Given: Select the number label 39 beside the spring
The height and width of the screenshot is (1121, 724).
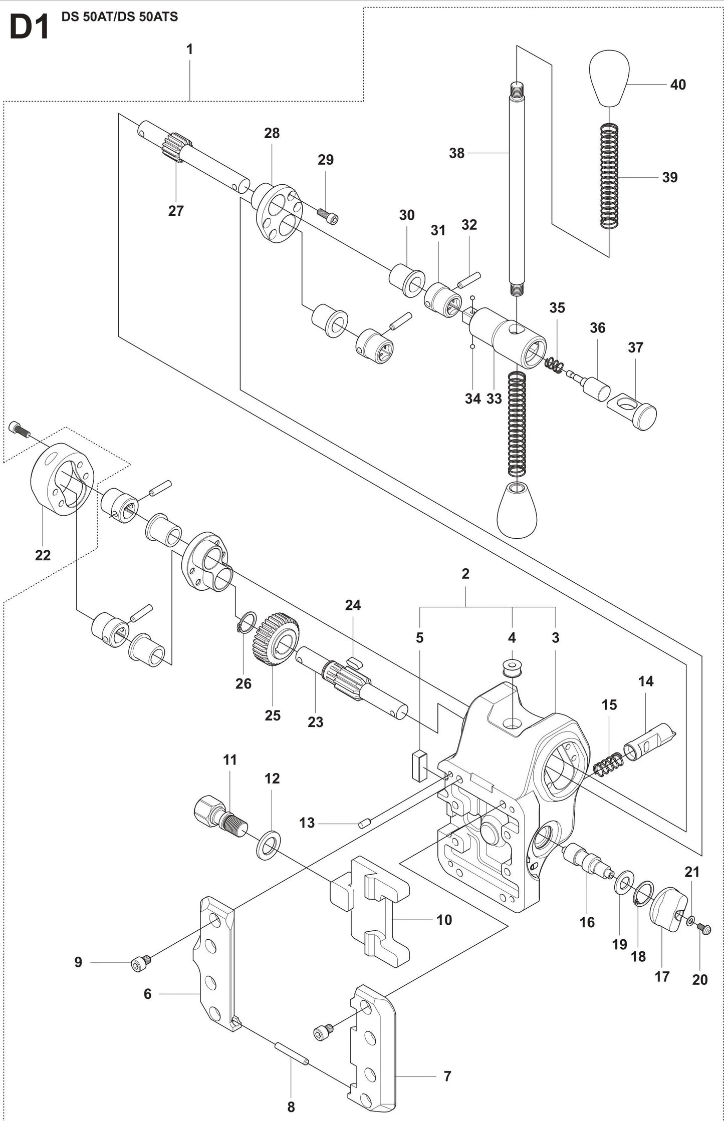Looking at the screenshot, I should coord(669,177).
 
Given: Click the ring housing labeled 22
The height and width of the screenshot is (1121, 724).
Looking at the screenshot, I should coord(62,479).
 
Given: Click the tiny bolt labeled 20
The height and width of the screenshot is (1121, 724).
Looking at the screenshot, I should coord(704,929).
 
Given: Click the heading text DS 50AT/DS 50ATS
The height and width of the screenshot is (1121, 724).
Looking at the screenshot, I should coord(119,17).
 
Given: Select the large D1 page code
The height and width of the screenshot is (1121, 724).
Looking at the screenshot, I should coord(29,28).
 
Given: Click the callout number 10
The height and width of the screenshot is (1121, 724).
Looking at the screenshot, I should coord(444,920).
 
